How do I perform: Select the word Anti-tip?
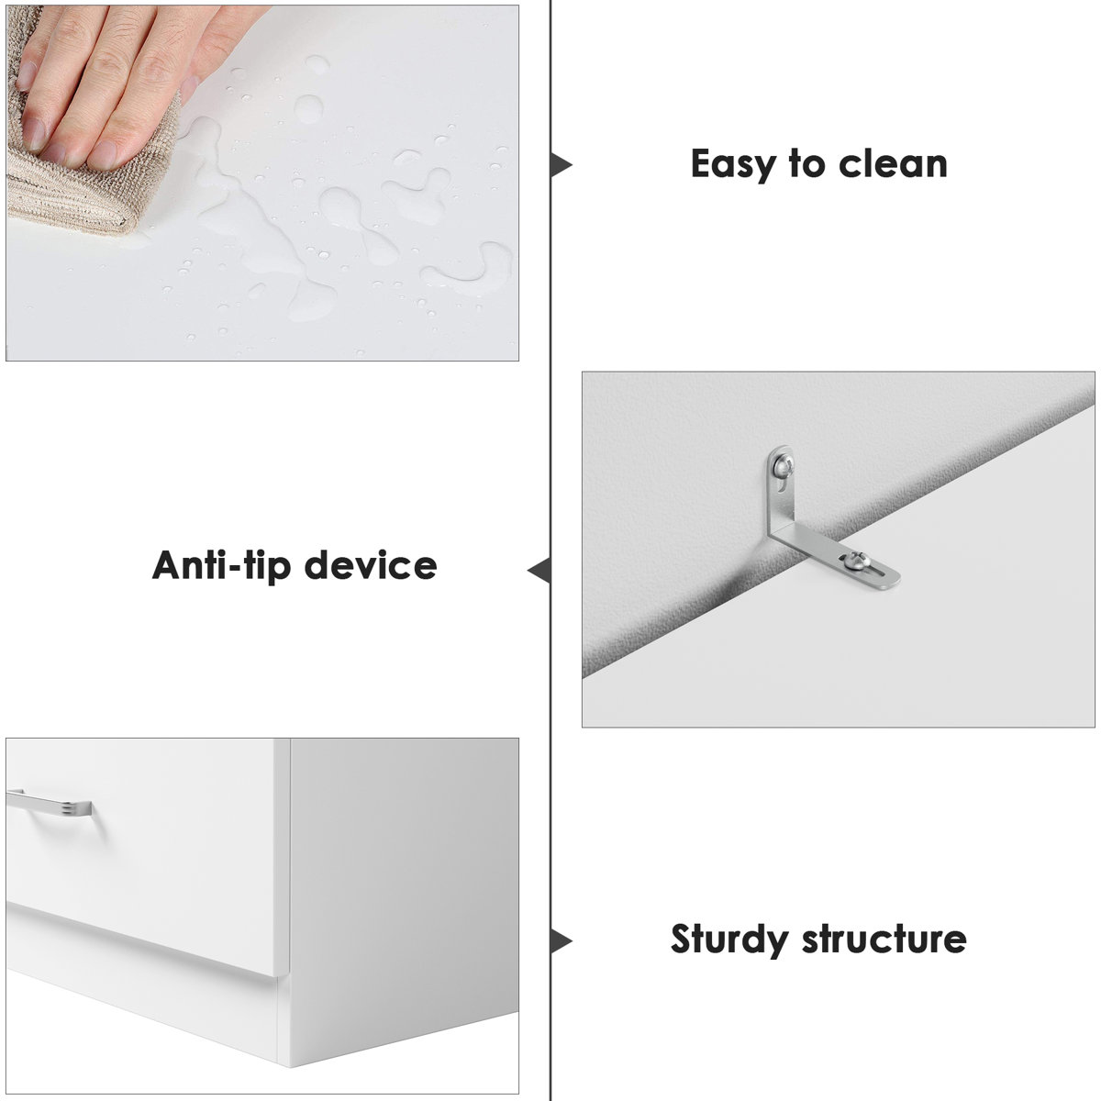pyautogui.click(x=222, y=566)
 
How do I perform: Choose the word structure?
pyautogui.click(x=884, y=939)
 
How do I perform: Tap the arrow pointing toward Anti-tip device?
pyautogui.click(x=539, y=570)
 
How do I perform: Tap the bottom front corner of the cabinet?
pyautogui.click(x=290, y=1066)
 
